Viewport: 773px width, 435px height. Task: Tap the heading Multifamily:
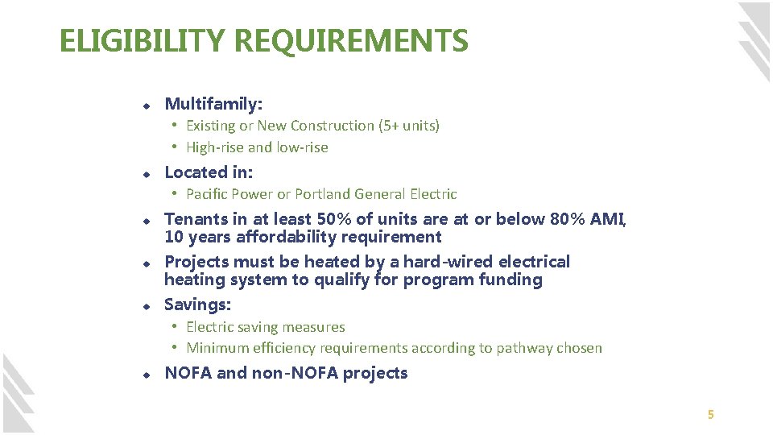tap(213, 104)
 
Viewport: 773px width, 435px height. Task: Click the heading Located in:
tap(209, 172)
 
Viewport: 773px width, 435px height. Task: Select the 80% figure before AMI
tap(571, 219)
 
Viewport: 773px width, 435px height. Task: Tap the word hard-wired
tap(446, 262)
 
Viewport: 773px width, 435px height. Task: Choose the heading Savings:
tap(197, 304)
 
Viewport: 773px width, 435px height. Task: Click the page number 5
tap(710, 415)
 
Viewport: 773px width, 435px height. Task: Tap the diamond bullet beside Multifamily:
tap(147, 106)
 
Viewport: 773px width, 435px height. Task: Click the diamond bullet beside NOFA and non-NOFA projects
tap(147, 375)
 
